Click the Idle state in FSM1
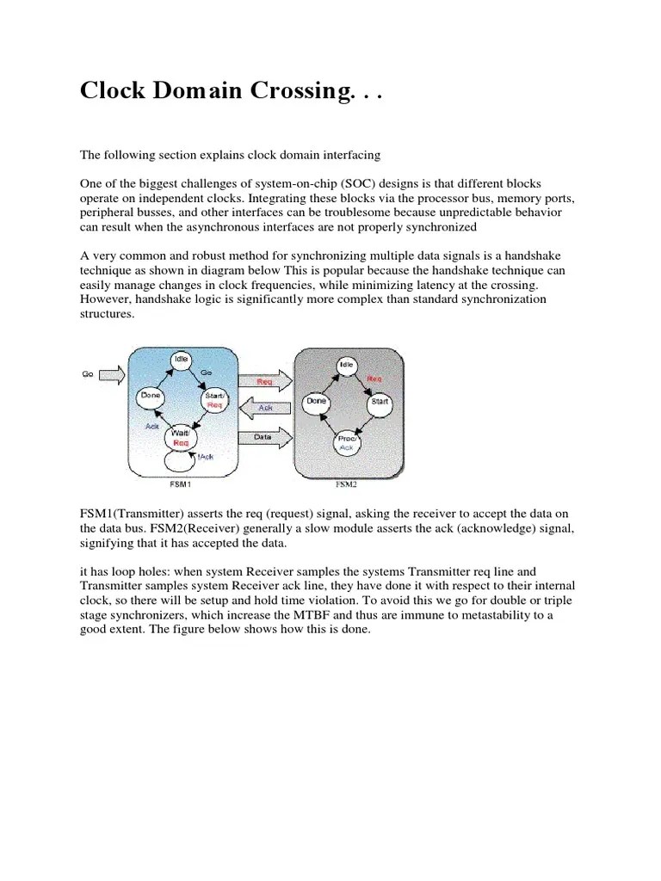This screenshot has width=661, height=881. click(181, 359)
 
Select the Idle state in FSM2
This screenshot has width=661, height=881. click(346, 365)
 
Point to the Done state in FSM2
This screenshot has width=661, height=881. click(316, 401)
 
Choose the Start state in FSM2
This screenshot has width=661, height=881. click(379, 402)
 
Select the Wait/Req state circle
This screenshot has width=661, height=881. click(181, 438)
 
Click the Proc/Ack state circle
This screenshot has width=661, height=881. click(348, 443)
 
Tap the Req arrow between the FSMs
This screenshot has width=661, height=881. click(266, 379)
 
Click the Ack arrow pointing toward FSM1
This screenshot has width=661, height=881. click(266, 407)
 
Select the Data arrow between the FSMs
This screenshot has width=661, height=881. click(266, 436)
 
